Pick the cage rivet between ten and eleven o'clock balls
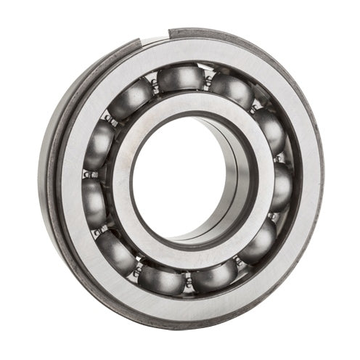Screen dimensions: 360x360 (110, 115)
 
